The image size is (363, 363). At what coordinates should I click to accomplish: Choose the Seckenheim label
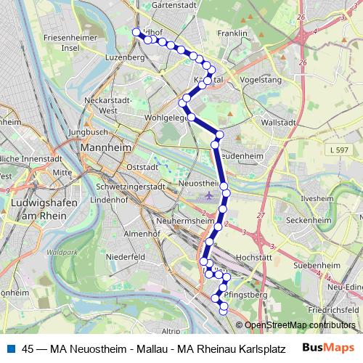click(306, 219)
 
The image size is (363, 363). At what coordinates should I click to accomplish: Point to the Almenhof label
click(142, 234)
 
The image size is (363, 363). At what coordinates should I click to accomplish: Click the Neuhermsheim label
click(183, 220)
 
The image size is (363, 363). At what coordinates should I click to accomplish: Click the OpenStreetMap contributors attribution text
click(301, 326)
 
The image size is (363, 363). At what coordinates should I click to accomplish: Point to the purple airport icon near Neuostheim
click(210, 195)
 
